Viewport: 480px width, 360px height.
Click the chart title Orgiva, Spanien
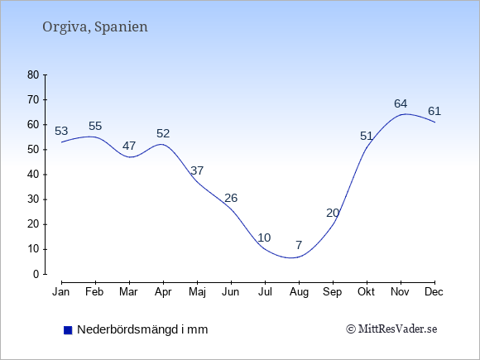[x=95, y=26]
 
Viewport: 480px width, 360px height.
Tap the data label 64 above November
[x=401, y=103]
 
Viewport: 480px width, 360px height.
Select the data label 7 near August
[x=299, y=245]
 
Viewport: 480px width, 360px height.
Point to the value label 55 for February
[x=95, y=126]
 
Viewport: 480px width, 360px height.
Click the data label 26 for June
[x=231, y=198]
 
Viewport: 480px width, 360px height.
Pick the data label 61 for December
[x=434, y=111]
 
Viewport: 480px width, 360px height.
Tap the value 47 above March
[x=129, y=146]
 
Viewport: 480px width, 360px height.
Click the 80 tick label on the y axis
[x=33, y=74]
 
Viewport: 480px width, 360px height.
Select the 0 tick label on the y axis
[x=36, y=274]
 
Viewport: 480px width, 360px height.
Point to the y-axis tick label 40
[x=33, y=175]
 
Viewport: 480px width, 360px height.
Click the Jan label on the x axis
[x=61, y=292]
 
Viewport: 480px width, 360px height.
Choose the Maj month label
[x=197, y=292]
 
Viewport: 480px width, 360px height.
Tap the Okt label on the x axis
[x=366, y=292]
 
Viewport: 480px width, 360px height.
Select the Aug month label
[x=299, y=292]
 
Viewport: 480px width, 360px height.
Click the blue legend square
[x=68, y=330]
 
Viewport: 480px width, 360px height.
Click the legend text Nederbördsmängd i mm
[x=142, y=329]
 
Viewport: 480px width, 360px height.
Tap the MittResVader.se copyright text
[x=391, y=329]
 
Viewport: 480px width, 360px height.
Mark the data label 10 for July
[x=264, y=238]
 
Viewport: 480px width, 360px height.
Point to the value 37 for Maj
[x=197, y=170]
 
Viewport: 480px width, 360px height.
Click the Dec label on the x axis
[x=434, y=292]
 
